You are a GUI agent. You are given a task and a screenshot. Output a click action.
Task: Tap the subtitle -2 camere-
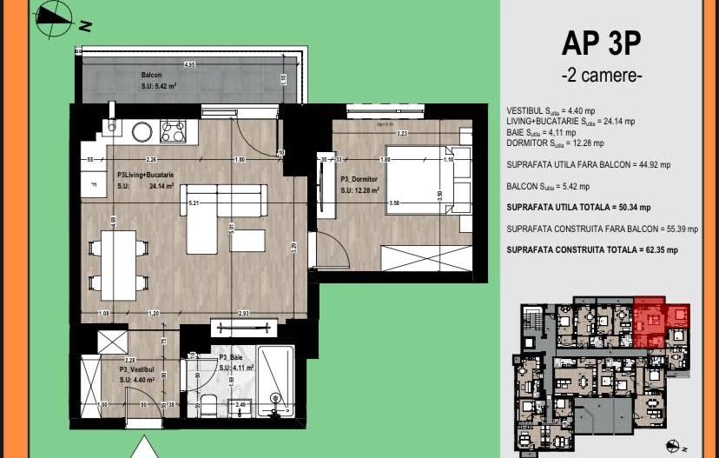(602, 76)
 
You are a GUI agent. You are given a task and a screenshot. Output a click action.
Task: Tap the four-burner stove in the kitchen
(172, 131)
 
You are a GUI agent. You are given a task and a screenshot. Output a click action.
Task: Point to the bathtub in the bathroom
(276, 386)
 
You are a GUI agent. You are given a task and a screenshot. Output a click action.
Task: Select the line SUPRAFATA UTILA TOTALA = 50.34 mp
(577, 207)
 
